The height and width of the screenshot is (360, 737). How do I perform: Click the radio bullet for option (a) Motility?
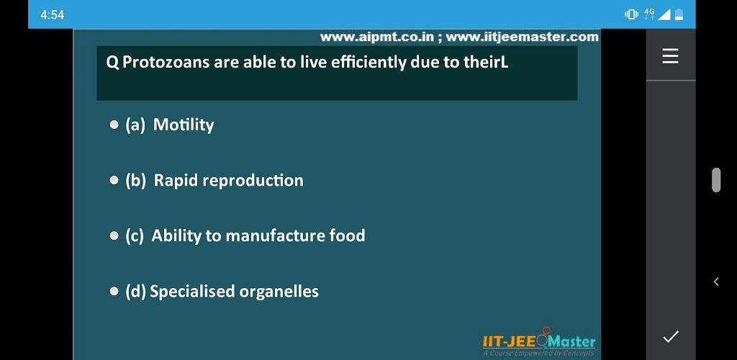[x=114, y=125]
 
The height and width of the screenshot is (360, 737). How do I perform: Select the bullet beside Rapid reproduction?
[x=114, y=181]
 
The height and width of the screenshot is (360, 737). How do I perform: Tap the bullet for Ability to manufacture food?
[x=114, y=236]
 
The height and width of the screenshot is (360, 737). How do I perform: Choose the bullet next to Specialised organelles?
[x=114, y=292]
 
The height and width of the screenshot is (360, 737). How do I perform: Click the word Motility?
[x=184, y=125]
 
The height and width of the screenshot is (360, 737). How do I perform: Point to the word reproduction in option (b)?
[x=253, y=181]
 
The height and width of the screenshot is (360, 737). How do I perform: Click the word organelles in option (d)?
[x=279, y=292]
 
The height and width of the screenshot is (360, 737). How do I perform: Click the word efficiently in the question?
[x=368, y=63]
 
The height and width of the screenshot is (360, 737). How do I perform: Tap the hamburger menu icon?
[x=670, y=56]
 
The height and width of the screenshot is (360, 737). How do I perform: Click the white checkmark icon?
[x=671, y=336]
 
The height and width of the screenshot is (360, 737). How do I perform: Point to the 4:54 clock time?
[x=52, y=15]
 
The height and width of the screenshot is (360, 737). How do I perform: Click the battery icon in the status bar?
[x=679, y=15]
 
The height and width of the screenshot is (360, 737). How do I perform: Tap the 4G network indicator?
[x=649, y=14]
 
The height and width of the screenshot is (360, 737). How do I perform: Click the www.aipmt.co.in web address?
[x=376, y=37]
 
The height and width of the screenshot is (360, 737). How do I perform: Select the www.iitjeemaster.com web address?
[x=523, y=37]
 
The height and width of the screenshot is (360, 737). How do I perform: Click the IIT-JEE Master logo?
[x=538, y=342]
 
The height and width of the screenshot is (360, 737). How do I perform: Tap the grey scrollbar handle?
[x=716, y=179]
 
